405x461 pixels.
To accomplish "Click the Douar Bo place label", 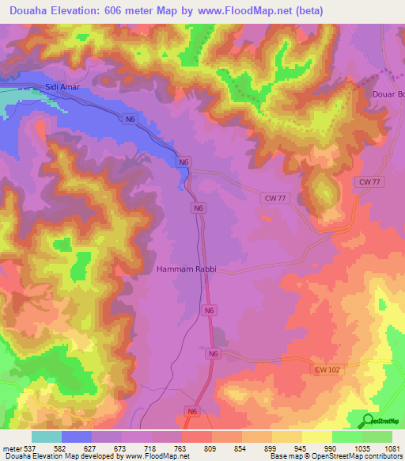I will (388, 94).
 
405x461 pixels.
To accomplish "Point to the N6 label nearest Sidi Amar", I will (131, 119).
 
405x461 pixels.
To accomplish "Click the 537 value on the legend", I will (28, 448).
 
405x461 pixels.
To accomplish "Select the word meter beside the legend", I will (11, 448).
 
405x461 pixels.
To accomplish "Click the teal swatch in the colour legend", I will (47, 436).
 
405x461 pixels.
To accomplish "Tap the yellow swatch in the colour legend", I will (317, 436).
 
